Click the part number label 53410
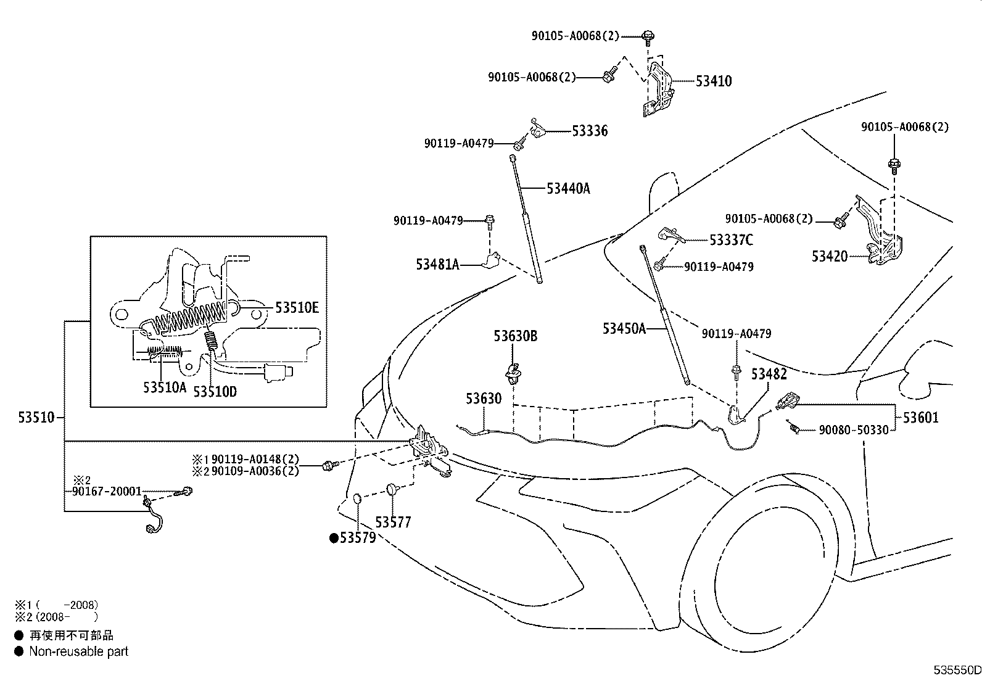coord(714,81)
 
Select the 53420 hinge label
coord(830,256)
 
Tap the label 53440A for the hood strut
coord(567,189)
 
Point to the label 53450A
coord(624,329)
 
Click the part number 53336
coord(589,131)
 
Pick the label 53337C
coord(731,240)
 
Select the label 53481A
coord(437,265)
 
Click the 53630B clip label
coord(515,336)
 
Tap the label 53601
coord(920,418)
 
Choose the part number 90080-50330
coord(854,430)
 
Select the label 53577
coord(393,523)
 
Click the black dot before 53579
coord(334,539)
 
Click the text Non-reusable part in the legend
coord(78,651)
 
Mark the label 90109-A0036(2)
coord(255,471)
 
